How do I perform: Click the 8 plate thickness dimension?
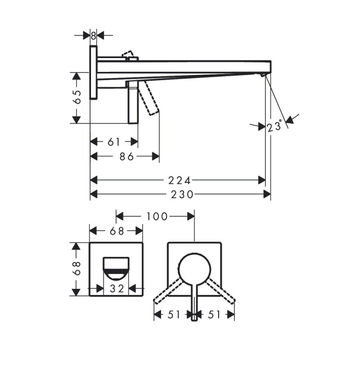(x=94, y=35)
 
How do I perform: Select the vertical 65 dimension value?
(x=77, y=98)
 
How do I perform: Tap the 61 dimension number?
(x=114, y=141)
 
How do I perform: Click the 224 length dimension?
(x=179, y=180)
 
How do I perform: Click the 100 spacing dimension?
(x=157, y=217)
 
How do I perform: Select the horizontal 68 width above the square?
(x=117, y=231)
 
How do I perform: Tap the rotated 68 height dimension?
(x=77, y=269)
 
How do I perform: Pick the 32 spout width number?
(x=117, y=289)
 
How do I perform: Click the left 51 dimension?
(x=174, y=314)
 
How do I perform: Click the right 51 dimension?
(x=213, y=314)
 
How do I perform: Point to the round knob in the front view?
(x=194, y=268)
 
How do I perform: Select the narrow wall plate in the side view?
(x=93, y=72)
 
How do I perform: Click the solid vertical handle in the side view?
(x=133, y=103)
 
